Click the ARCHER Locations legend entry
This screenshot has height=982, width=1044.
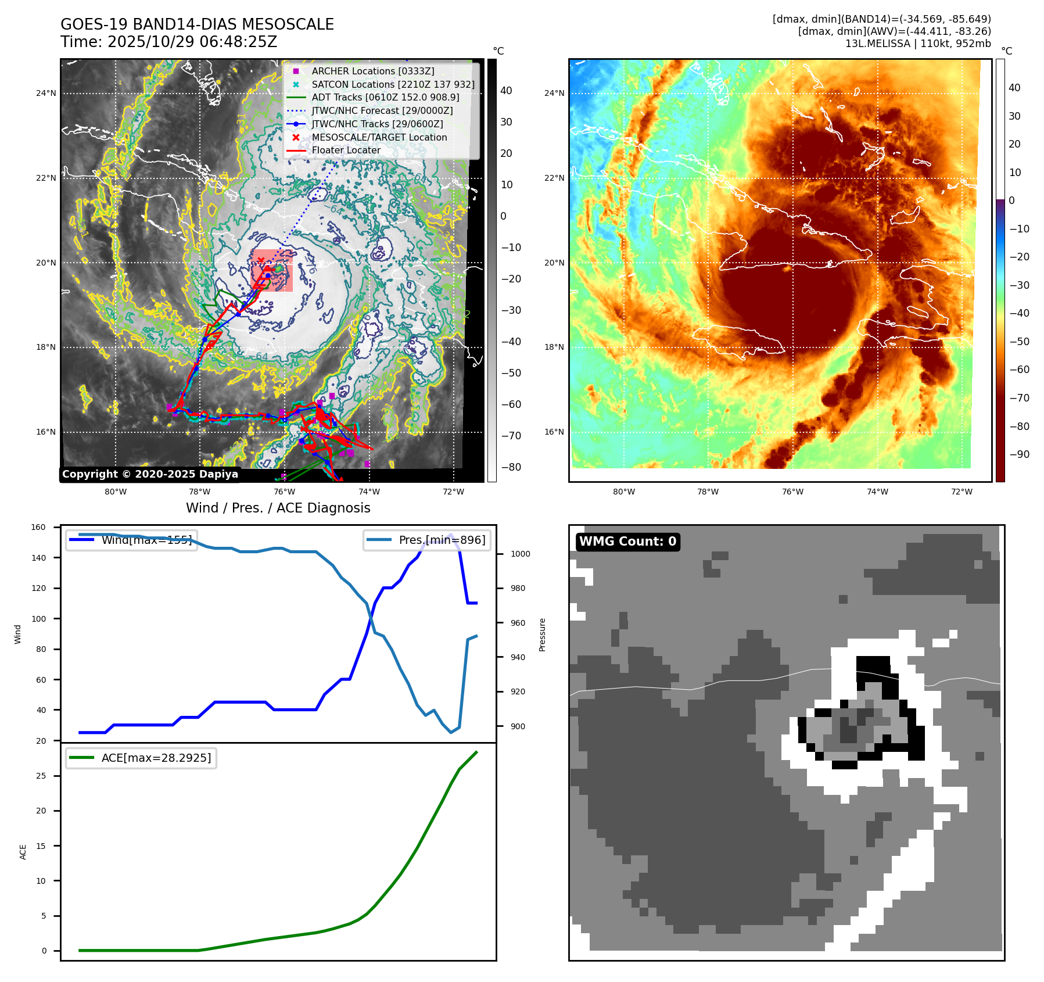(372, 71)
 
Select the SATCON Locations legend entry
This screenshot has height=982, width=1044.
(393, 84)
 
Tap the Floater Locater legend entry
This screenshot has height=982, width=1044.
(346, 150)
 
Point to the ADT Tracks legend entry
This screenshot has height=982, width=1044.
(385, 98)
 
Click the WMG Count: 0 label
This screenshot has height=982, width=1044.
(627, 542)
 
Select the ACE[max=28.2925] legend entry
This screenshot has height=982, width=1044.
(156, 758)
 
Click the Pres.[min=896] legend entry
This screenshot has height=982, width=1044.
(442, 540)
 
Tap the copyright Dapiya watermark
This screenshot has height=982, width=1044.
(150, 474)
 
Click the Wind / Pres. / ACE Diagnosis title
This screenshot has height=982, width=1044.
(278, 508)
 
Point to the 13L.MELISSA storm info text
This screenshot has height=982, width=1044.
(918, 44)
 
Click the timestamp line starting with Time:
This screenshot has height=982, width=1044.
(168, 42)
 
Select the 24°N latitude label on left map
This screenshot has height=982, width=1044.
(46, 93)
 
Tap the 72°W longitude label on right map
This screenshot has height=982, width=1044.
(962, 492)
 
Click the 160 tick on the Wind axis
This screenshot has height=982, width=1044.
(38, 528)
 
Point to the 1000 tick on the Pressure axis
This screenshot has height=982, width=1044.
(520, 554)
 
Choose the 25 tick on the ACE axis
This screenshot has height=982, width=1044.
(41, 776)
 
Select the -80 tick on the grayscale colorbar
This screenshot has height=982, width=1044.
(511, 467)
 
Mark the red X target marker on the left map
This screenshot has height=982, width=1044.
(261, 261)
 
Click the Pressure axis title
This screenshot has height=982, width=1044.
(542, 635)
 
